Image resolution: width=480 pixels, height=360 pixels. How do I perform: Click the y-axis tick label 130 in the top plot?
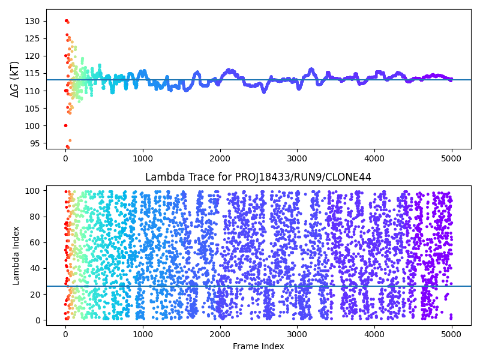(33, 21)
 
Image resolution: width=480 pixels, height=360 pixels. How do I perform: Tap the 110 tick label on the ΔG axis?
(33, 91)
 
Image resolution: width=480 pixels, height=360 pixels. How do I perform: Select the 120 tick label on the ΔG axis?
(33, 56)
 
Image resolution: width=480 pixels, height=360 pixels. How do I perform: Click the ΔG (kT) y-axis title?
(15, 79)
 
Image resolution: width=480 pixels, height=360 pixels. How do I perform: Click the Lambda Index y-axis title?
(16, 256)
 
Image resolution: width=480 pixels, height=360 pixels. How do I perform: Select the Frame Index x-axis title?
(258, 346)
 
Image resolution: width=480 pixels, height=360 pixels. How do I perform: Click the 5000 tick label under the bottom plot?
(451, 334)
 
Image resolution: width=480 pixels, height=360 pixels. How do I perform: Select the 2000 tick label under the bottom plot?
(220, 334)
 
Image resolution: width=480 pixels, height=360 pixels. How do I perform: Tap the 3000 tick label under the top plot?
(297, 158)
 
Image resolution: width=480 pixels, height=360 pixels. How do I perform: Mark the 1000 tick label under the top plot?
(143, 158)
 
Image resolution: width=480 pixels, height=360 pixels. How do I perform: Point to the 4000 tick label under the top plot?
(374, 158)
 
